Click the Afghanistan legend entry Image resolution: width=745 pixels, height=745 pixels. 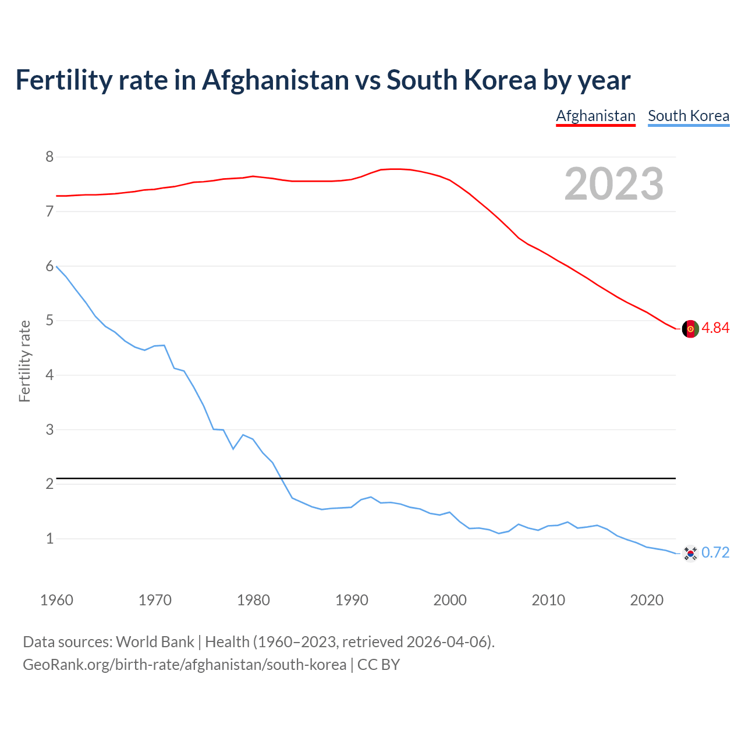(595, 116)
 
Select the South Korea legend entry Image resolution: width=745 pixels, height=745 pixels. (689, 116)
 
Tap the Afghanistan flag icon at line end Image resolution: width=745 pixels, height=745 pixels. (690, 328)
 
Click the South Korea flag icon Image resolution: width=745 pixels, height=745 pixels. (690, 553)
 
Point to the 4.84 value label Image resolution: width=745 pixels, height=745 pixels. (715, 328)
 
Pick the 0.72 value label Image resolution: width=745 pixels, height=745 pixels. (715, 553)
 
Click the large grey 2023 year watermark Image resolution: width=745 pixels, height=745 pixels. (613, 184)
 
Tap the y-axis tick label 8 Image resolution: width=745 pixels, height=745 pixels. (49, 157)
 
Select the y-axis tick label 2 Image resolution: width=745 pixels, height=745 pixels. (49, 484)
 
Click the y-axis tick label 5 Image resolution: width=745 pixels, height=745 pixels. (49, 321)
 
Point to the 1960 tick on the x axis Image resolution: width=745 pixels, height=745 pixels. (56, 600)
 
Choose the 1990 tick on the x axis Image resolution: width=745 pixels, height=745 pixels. (352, 600)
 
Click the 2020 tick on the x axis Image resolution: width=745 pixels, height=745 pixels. (647, 600)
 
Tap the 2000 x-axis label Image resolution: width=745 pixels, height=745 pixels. (450, 600)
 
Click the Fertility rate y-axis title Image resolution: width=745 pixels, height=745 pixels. (24, 361)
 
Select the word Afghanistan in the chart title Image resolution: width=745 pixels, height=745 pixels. (275, 80)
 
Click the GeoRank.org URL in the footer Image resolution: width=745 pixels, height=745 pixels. (185, 665)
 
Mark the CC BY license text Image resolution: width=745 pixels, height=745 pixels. (378, 665)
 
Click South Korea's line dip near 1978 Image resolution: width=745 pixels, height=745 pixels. (233, 449)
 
